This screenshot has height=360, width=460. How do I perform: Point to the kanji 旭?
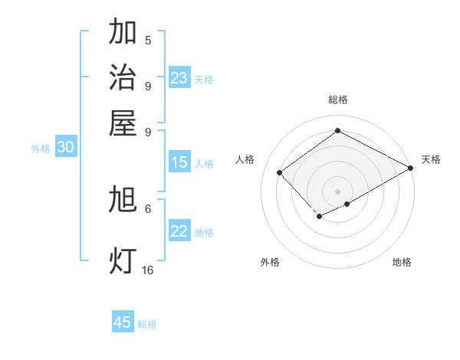pyautogui.click(x=123, y=200)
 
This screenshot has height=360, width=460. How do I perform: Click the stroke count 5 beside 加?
pyautogui.click(x=148, y=40)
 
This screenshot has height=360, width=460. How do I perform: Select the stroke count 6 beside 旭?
pyautogui.click(x=148, y=208)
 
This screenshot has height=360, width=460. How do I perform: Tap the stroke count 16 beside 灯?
pyautogui.click(x=148, y=270)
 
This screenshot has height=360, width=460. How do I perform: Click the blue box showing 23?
pyautogui.click(x=179, y=78)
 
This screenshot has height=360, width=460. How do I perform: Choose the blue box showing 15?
pyautogui.click(x=179, y=162)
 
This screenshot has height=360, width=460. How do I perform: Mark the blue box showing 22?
pyautogui.click(x=179, y=231)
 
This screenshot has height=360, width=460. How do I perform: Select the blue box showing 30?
pyautogui.click(x=65, y=148)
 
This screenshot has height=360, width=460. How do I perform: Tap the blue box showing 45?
pyautogui.click(x=122, y=322)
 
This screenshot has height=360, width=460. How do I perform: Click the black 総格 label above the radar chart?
pyautogui.click(x=337, y=100)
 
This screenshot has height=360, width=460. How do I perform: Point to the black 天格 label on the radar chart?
pyautogui.click(x=431, y=159)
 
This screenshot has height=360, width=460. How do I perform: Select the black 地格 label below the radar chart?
pyautogui.click(x=402, y=262)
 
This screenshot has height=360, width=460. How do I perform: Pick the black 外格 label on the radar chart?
pyautogui.click(x=270, y=262)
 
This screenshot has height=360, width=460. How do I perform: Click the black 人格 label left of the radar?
pyautogui.click(x=245, y=159)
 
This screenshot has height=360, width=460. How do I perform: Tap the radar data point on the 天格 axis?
pyautogui.click(x=411, y=168)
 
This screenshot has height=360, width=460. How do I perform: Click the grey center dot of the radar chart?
pyautogui.click(x=337, y=191)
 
